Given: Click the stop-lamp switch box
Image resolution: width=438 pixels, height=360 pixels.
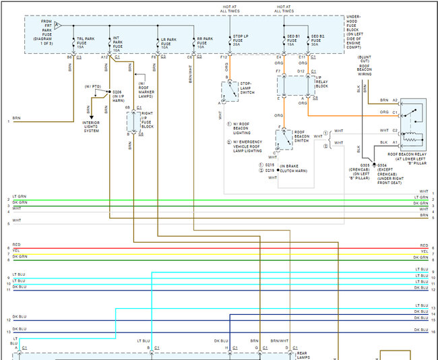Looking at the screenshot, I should point(230,90).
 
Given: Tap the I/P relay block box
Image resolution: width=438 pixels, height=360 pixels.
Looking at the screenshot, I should point(293,86).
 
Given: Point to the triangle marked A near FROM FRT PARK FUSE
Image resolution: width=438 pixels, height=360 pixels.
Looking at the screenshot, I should point(57,25).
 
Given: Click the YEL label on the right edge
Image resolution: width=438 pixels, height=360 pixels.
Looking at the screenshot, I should point(424,251).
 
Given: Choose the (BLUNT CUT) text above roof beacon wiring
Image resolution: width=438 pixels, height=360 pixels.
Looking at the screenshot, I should point(367,60).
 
